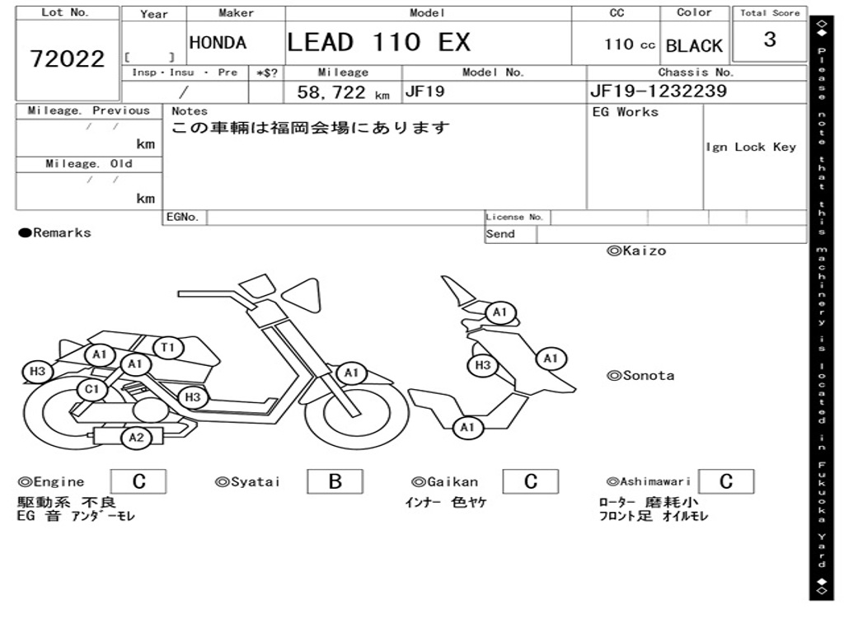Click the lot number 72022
[68, 59]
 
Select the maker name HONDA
[218, 43]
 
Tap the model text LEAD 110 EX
[378, 42]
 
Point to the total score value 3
[769, 40]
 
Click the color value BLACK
[694, 46]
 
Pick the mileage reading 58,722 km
[342, 92]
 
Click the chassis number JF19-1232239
[659, 91]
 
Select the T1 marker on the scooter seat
[168, 348]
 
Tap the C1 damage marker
[92, 389]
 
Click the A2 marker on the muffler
[137, 438]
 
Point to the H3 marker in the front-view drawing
[483, 365]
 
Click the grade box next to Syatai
[335, 481]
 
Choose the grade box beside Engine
[138, 481]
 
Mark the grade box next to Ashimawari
[725, 481]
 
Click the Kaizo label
[636, 251]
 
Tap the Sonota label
[640, 376]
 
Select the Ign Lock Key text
[751, 147]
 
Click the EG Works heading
[626, 112]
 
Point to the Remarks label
[55, 233]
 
